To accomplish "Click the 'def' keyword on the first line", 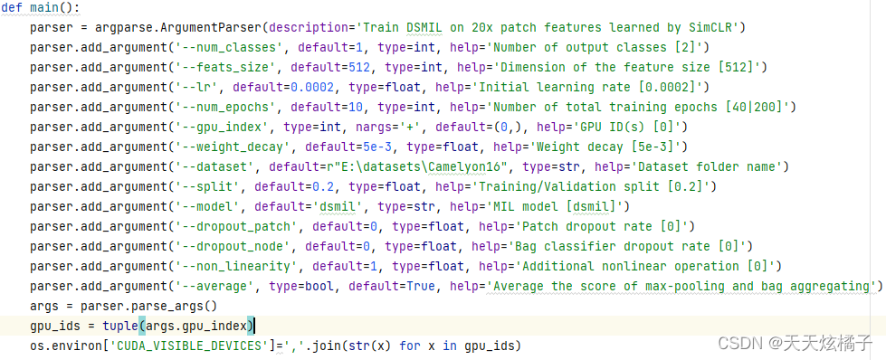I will pos(12,8).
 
